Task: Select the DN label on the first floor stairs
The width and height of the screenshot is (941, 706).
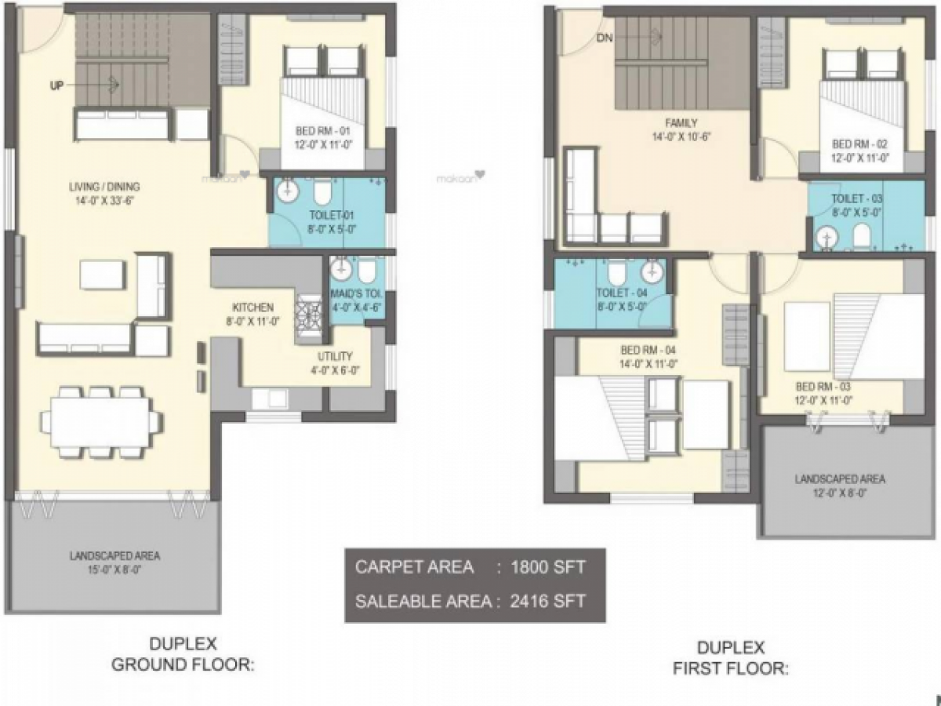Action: point(604,38)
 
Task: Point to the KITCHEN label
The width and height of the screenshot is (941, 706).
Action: point(252,308)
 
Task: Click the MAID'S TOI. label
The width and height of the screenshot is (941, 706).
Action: point(354,293)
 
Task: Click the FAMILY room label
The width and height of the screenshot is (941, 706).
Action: point(681,122)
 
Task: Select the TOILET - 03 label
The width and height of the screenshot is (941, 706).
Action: point(857,198)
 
